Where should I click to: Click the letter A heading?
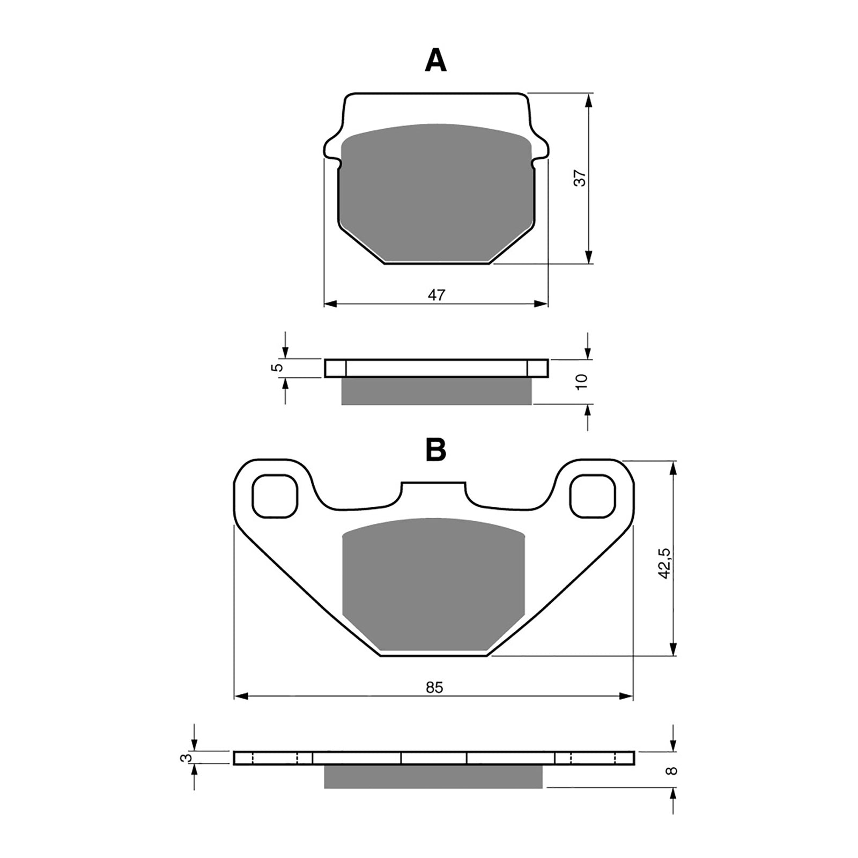[435, 61]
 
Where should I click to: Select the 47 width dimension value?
[437, 294]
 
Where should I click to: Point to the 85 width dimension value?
[435, 687]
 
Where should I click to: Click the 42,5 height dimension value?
[665, 563]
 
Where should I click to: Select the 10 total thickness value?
[581, 381]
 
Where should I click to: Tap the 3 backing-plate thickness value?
[186, 758]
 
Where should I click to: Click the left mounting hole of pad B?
[275, 495]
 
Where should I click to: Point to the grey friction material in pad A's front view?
[437, 193]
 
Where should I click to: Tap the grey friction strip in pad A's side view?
[437, 391]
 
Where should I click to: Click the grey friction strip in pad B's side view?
[433, 776]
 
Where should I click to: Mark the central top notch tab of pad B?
[433, 489]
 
